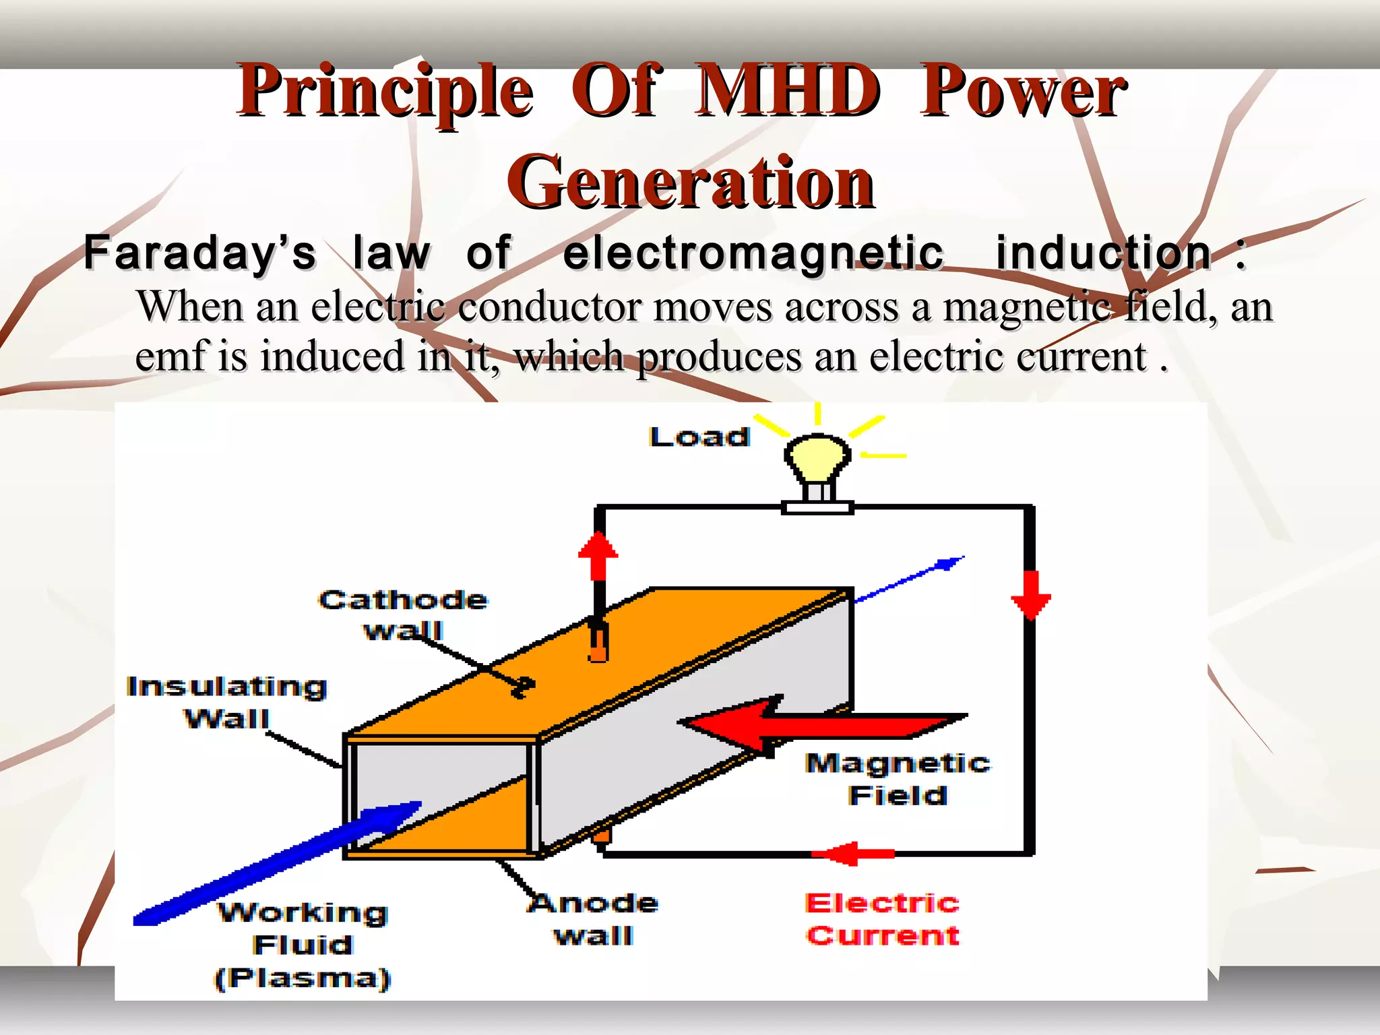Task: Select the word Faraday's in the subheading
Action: click(x=199, y=253)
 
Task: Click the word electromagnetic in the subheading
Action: click(x=753, y=253)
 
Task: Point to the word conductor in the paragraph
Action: click(x=548, y=307)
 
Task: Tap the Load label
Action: click(x=699, y=437)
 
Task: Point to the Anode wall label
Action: click(x=593, y=919)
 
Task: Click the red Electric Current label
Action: click(x=882, y=919)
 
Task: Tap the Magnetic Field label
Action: click(x=898, y=779)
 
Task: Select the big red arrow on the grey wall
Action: click(x=822, y=725)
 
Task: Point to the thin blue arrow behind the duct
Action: click(x=910, y=579)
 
